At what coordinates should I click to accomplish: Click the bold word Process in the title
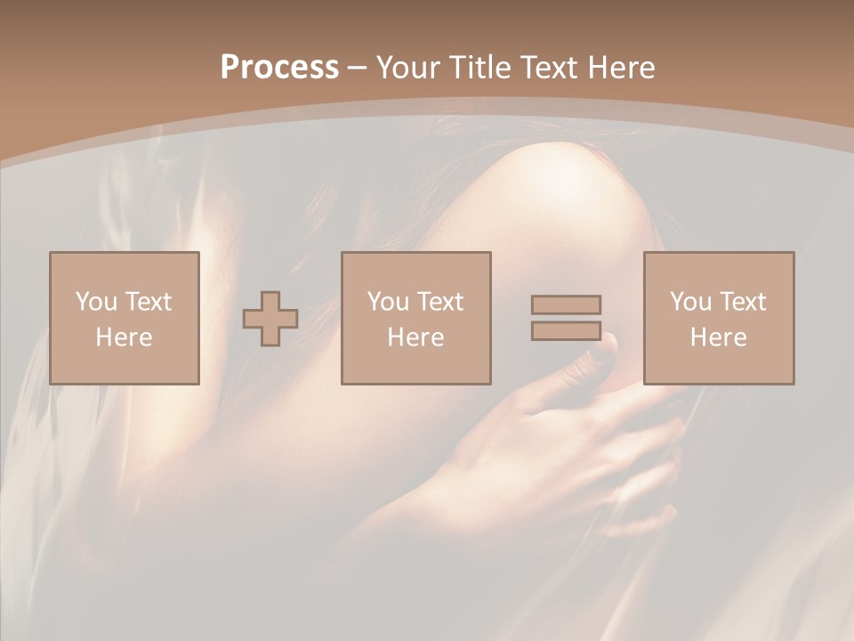(x=279, y=68)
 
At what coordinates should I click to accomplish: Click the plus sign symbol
(x=270, y=319)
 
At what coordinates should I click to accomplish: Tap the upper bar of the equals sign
(x=566, y=304)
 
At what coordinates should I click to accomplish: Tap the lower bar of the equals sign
(x=566, y=330)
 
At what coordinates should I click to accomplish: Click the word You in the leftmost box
(x=96, y=302)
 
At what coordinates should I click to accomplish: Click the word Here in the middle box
(x=415, y=337)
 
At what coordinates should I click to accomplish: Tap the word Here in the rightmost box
(x=718, y=337)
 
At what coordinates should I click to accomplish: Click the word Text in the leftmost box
(x=148, y=302)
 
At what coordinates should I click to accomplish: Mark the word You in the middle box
(x=388, y=302)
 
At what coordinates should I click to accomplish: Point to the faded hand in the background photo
(x=552, y=445)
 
